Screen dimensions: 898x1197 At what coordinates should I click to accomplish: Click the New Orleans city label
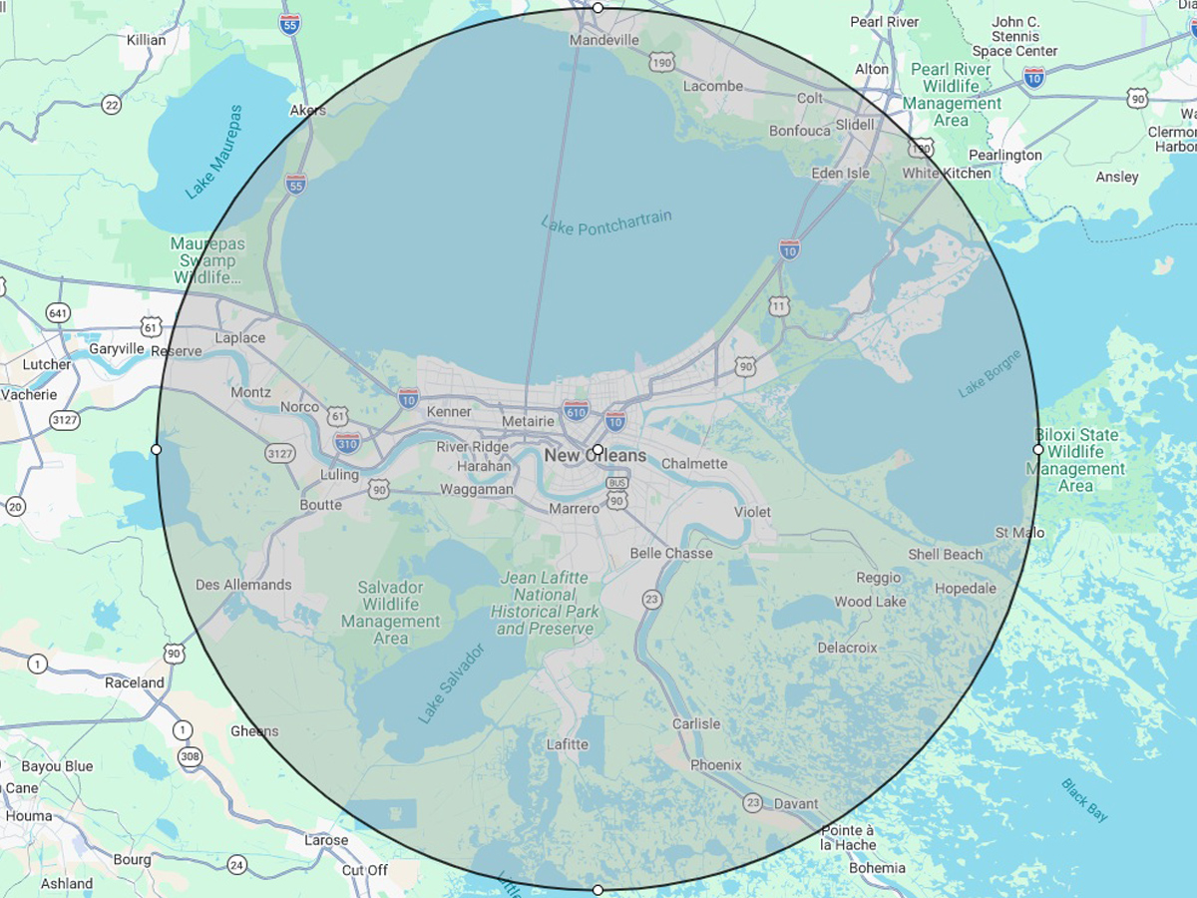(x=596, y=456)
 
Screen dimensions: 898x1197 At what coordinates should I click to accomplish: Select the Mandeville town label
(x=604, y=41)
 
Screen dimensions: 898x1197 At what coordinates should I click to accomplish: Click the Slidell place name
(x=854, y=125)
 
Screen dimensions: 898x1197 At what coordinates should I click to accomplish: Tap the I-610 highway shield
(x=576, y=410)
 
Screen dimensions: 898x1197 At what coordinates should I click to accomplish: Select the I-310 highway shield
(x=347, y=442)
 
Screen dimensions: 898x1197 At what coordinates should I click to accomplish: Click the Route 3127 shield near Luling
(x=280, y=454)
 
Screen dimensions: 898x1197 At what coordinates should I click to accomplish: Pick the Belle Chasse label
(x=671, y=553)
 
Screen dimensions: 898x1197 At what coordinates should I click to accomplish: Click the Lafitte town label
(x=568, y=744)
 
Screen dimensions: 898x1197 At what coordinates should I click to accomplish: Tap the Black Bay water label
(x=1084, y=800)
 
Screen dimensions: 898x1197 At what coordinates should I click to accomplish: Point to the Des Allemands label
(x=243, y=585)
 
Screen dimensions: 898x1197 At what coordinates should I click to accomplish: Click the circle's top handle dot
(x=598, y=8)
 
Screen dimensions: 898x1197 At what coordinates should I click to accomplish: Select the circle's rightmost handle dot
(x=1038, y=450)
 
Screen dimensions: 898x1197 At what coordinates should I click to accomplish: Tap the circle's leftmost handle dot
(x=157, y=450)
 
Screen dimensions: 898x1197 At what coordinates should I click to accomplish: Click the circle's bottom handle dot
(x=598, y=889)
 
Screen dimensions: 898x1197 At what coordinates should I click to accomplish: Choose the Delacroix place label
(x=847, y=648)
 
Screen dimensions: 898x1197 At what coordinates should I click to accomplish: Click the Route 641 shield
(x=58, y=313)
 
